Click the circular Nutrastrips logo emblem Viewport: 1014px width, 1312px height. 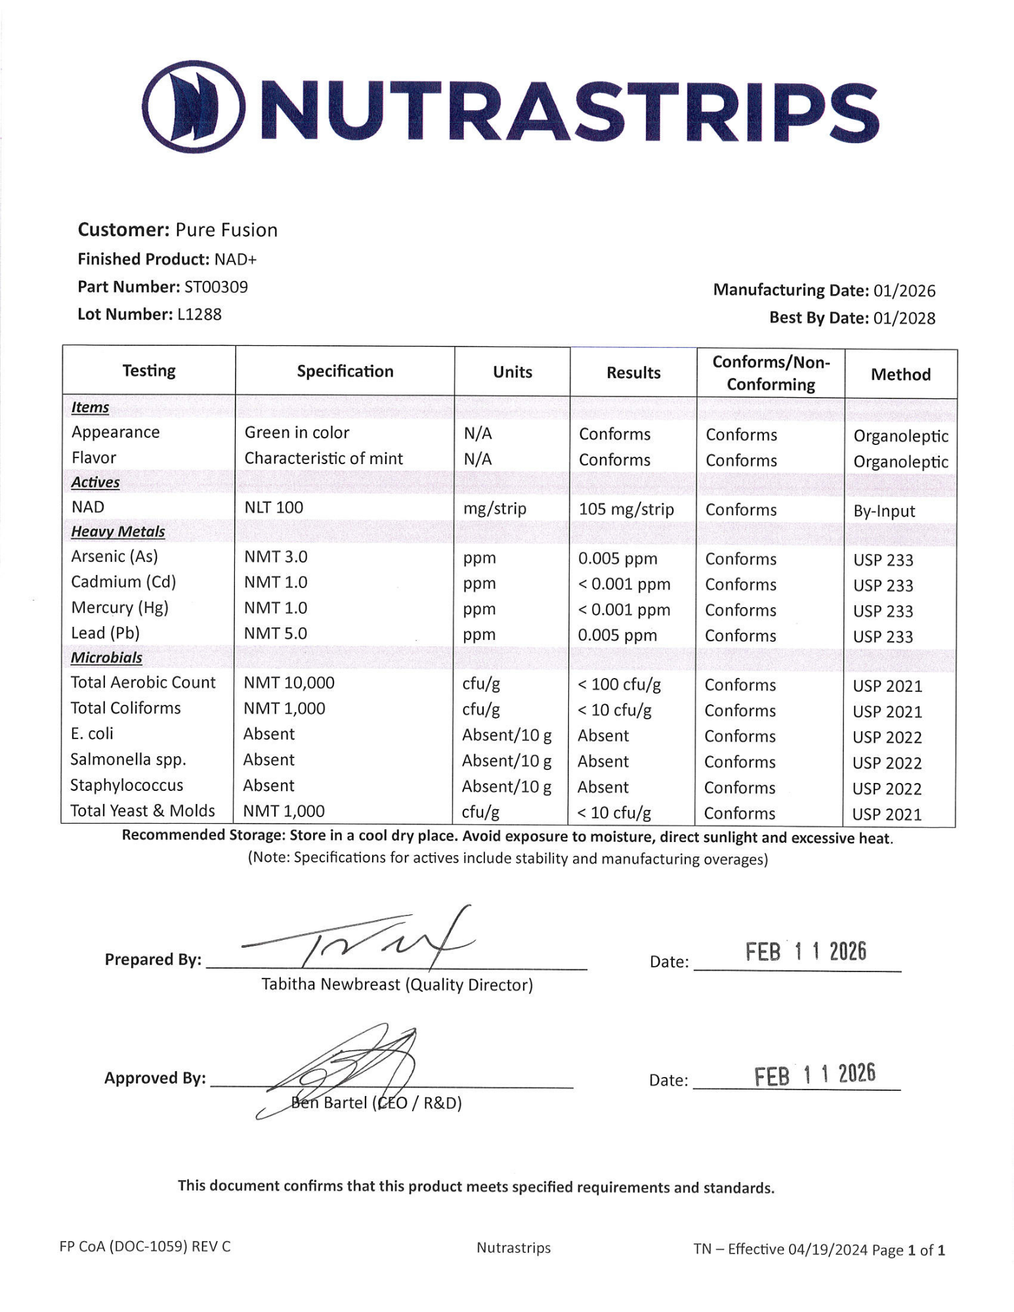(x=194, y=106)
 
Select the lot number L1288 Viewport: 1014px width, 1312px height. (x=200, y=314)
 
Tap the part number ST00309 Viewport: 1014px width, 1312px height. (x=216, y=287)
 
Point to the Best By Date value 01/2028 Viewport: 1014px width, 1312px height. (x=904, y=318)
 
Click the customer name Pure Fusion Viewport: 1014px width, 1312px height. (x=226, y=230)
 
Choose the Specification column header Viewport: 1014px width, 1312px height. (x=345, y=371)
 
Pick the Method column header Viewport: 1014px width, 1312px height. (x=900, y=375)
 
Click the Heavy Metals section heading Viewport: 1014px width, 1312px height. (x=117, y=532)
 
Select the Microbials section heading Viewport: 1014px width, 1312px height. (x=106, y=658)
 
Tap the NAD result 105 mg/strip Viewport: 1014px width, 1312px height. (x=625, y=509)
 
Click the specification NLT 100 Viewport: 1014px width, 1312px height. (x=274, y=507)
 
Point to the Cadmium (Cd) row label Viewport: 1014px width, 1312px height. (x=123, y=582)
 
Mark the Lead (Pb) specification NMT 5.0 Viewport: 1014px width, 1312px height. (x=276, y=633)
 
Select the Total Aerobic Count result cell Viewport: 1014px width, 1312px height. (x=619, y=685)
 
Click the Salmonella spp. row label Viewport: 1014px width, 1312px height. (x=128, y=759)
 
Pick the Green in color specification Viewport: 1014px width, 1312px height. (x=297, y=433)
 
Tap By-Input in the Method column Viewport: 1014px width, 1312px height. (x=883, y=511)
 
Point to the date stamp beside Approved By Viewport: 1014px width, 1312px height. (x=814, y=1076)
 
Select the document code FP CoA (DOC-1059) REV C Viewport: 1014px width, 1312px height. (x=145, y=1246)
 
